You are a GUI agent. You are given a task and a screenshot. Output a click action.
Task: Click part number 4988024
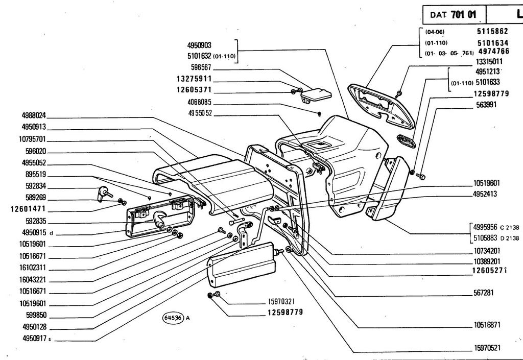point(34,116)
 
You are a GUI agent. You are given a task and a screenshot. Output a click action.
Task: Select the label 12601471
point(28,209)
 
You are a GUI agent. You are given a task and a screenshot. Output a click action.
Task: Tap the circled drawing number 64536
point(173,318)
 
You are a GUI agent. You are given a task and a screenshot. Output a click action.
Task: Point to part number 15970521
point(487,348)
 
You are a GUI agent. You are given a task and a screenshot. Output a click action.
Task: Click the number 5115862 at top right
point(492,31)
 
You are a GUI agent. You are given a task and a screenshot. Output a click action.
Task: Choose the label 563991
point(486,105)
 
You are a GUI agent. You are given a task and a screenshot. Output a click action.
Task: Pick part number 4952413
point(485,194)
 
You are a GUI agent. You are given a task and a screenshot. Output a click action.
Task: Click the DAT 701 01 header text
point(453,15)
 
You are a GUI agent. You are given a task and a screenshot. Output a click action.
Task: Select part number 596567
point(201,67)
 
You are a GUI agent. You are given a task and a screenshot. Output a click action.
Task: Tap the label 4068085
point(200,102)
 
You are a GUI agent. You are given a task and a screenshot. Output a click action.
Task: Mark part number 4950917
point(35,339)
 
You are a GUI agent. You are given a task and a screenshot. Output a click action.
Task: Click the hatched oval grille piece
point(406,140)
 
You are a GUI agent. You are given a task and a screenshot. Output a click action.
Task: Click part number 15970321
point(281,302)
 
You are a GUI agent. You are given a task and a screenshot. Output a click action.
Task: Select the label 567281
point(483,293)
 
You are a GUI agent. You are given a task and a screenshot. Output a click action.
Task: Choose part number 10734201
point(487,251)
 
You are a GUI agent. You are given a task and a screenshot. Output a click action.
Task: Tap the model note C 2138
point(510,228)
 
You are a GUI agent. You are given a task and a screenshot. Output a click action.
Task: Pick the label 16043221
point(32,280)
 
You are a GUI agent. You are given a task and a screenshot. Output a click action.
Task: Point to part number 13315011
point(489,62)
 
